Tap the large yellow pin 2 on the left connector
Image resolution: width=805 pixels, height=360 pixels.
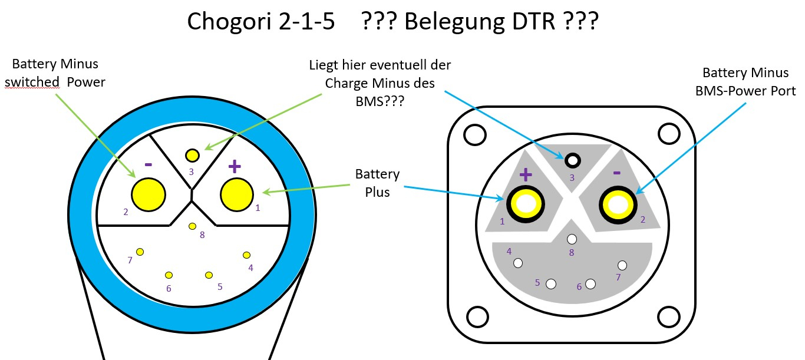(148, 194)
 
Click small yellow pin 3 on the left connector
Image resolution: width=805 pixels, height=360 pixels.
(192, 156)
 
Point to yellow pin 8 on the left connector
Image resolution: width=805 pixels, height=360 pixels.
(192, 226)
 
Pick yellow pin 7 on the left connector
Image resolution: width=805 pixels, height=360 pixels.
(140, 252)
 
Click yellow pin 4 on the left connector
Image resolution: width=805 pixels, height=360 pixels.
(247, 255)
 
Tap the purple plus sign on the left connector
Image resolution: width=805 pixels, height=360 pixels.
(235, 167)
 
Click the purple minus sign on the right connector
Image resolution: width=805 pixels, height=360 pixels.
(617, 173)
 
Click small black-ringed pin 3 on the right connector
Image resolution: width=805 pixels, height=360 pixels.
(571, 160)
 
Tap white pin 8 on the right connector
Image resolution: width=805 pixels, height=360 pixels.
(571, 239)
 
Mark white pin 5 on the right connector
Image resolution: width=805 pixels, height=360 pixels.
(551, 283)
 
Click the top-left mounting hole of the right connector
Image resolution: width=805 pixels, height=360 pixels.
(473, 136)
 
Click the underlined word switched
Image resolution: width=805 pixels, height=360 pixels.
(32, 82)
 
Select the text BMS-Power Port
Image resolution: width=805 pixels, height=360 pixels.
(744, 91)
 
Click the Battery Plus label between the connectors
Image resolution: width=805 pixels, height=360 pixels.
(377, 183)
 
